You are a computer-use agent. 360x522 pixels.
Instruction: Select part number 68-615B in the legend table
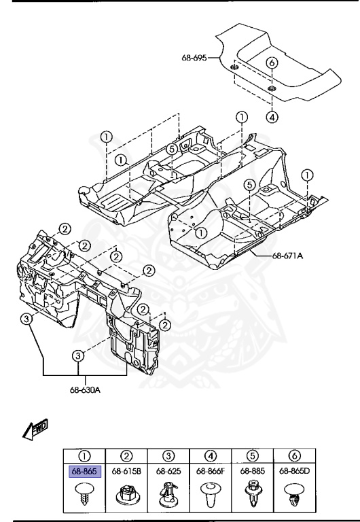(x=126, y=470)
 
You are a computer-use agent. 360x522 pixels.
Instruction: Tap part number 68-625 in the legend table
(x=168, y=470)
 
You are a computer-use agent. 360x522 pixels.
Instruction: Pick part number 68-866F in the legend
(x=210, y=470)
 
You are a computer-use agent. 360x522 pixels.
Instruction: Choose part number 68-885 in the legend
(x=252, y=470)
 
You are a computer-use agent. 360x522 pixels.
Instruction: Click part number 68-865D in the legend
(x=294, y=470)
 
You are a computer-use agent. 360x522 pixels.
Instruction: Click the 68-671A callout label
(x=287, y=256)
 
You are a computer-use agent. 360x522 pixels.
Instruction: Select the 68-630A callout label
(x=85, y=389)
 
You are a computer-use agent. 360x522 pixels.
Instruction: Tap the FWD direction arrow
(x=34, y=428)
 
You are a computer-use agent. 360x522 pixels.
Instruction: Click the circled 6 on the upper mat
(x=272, y=63)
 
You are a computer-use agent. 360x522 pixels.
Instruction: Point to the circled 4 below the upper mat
(x=272, y=117)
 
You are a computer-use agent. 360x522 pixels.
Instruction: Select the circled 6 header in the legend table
(x=294, y=455)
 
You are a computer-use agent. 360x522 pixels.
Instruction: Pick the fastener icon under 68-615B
(x=126, y=495)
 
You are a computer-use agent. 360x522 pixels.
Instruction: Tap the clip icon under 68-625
(x=168, y=495)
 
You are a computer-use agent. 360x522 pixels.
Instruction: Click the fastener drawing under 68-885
(x=252, y=495)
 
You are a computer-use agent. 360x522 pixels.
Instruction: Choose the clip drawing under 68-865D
(x=294, y=495)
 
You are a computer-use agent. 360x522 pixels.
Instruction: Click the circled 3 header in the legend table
(x=168, y=455)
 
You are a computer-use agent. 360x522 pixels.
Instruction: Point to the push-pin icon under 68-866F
(x=210, y=495)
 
